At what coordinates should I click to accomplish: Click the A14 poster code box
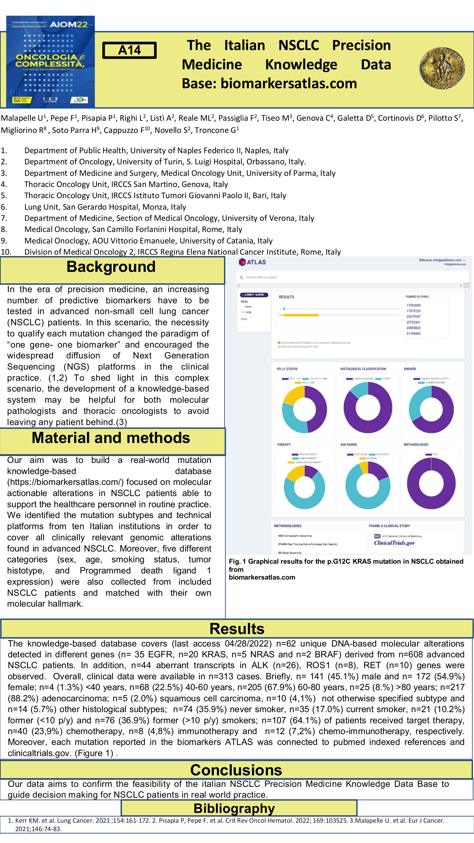click(129, 50)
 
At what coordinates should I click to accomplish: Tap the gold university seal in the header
click(442, 68)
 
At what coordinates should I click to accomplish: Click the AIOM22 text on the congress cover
click(69, 24)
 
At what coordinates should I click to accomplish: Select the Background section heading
click(111, 267)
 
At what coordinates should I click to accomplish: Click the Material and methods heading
click(111, 438)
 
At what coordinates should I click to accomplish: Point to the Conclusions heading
click(236, 771)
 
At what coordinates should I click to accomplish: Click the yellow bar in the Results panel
click(301, 315)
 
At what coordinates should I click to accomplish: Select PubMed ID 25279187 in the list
click(413, 317)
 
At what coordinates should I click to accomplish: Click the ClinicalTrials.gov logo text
click(394, 543)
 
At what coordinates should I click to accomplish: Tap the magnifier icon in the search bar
click(241, 277)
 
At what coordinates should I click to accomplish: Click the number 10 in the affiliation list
click(6, 252)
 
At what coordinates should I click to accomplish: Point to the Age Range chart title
click(348, 445)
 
